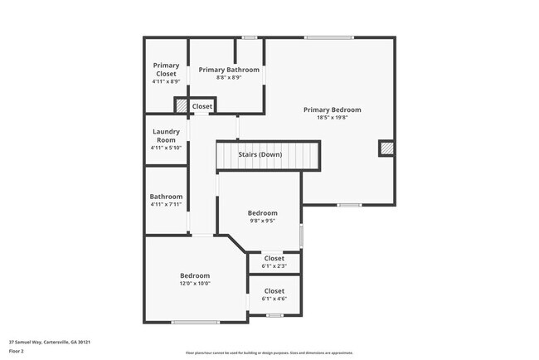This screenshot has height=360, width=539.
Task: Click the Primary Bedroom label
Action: [332, 109]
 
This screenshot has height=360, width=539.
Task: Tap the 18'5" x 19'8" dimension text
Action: [332, 117]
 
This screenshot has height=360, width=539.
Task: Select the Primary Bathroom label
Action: [229, 70]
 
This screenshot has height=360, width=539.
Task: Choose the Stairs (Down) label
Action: [260, 155]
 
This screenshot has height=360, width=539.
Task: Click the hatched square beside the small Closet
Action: [181, 105]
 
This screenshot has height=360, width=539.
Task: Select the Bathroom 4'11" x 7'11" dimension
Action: [166, 204]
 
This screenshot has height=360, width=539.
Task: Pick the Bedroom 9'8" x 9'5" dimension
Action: [263, 221]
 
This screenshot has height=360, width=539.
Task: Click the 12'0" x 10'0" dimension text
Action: [195, 283]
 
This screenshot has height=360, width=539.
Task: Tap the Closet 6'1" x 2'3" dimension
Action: [274, 265]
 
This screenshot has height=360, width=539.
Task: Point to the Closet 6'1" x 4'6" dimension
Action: [274, 299]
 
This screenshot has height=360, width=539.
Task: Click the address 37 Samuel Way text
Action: [49, 342]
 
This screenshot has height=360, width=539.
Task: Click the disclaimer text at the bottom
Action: [269, 352]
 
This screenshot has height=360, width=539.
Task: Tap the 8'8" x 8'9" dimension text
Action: [229, 77]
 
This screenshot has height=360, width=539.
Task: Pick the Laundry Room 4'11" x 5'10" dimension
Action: [166, 148]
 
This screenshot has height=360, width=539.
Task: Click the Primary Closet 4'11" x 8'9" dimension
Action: [166, 82]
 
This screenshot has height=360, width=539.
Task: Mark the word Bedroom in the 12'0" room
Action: [195, 275]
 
